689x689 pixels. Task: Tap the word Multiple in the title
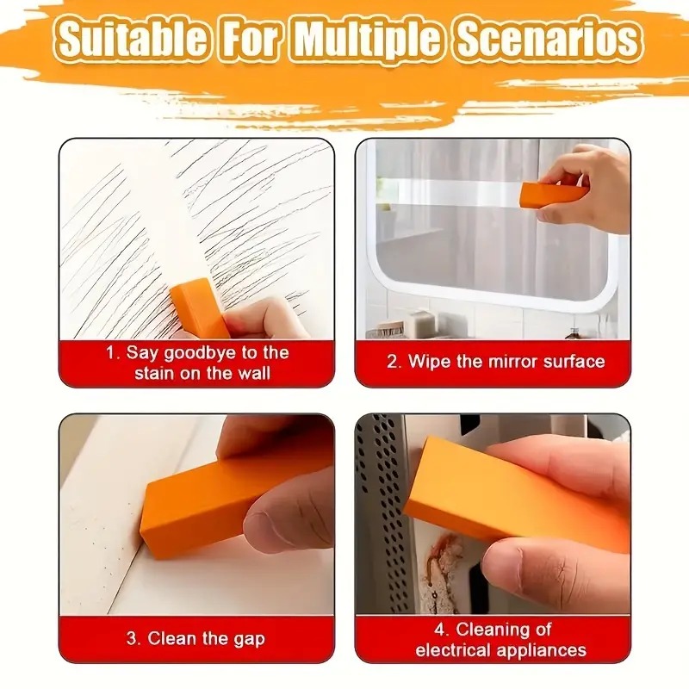pos(371,40)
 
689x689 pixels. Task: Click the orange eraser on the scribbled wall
pos(200,307)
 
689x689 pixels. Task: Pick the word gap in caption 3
pos(249,639)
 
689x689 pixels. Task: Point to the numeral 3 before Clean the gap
pos(132,639)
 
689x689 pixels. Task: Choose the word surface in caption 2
pos(573,361)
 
